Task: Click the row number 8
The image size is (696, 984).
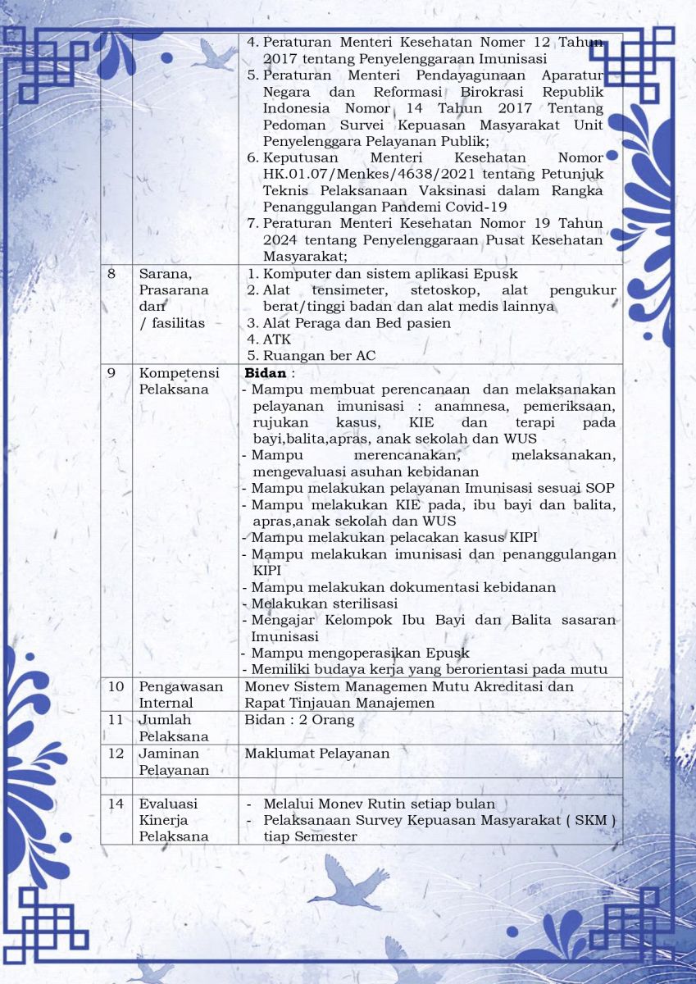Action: pyautogui.click(x=111, y=273)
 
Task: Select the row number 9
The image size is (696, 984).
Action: pyautogui.click(x=111, y=372)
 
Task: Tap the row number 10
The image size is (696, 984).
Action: pyautogui.click(x=116, y=686)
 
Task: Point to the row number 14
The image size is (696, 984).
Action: pyautogui.click(x=116, y=804)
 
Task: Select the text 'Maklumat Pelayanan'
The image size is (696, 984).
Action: pyautogui.click(x=316, y=753)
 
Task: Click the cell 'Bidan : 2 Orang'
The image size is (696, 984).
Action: pyautogui.click(x=299, y=720)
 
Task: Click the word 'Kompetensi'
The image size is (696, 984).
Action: pyautogui.click(x=175, y=372)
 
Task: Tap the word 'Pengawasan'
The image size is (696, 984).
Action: pyautogui.click(x=180, y=686)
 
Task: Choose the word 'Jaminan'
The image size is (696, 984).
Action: pyautogui.click(x=169, y=753)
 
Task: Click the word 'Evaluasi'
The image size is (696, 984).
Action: pyautogui.click(x=169, y=804)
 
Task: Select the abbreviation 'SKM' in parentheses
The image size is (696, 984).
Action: pyautogui.click(x=592, y=820)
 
